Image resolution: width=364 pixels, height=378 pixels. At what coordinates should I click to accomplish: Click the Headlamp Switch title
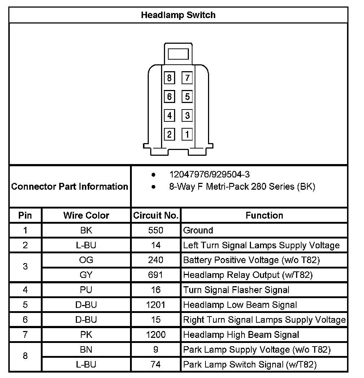pos(178,15)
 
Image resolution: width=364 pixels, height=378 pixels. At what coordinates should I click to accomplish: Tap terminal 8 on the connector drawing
pos(169,78)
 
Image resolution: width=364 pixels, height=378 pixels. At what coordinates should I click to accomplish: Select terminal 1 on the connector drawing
pos(187,134)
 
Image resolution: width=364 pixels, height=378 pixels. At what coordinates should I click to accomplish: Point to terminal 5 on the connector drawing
pos(187,96)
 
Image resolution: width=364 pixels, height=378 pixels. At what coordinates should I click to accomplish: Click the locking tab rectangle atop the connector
pos(178,54)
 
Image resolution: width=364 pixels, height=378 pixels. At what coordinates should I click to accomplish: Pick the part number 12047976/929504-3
pos(209,175)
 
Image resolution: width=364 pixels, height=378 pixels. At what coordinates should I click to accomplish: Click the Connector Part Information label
pos(70,186)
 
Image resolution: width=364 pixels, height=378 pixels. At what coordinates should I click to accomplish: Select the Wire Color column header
pos(86,215)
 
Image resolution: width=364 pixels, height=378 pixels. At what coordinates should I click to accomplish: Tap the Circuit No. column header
pos(156,215)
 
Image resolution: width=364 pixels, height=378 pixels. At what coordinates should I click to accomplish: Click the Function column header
pos(264,215)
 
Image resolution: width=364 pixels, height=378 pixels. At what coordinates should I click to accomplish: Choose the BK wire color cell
pos(86,230)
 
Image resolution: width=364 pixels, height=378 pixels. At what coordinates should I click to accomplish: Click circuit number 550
pos(156,230)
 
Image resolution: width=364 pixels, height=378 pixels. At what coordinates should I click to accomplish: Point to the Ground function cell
pos(198,230)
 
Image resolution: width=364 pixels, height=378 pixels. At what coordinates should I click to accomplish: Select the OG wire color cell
pos(86,260)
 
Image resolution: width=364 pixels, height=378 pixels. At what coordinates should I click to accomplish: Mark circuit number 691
pos(156,275)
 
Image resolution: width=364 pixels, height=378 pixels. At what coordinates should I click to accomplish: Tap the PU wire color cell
pos(86,290)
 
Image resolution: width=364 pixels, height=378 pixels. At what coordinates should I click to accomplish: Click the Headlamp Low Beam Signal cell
pos(240,305)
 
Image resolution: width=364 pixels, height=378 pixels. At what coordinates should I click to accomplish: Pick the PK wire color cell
pos(86,335)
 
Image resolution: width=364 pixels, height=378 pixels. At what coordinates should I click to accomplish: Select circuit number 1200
pos(156,335)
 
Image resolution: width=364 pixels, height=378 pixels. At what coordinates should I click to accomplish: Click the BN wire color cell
pos(86,349)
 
